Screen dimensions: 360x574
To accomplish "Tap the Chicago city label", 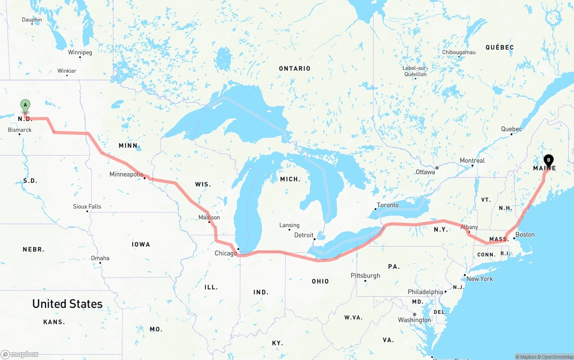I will point(226,253).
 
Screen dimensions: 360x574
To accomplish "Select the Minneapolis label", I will point(126,174).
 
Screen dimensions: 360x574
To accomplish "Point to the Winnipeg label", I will point(80,52).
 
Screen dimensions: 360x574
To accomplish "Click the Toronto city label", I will point(387,205).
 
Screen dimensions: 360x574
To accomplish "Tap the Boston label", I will point(525,234).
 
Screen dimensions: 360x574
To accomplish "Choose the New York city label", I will point(479,279).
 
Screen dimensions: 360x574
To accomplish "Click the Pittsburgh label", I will point(365,276).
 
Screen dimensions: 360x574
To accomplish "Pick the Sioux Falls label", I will point(87,207).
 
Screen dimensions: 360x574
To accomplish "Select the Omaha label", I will point(100,258).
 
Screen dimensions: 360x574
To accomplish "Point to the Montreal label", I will point(472,160).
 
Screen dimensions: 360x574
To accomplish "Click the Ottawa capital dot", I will point(437,168).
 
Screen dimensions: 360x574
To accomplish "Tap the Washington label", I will point(414,320).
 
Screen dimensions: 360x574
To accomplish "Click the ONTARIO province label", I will point(295,69).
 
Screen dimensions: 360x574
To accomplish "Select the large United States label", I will point(67,304).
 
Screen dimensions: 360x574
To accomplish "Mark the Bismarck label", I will point(20,130).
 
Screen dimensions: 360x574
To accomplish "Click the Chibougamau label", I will point(459,52).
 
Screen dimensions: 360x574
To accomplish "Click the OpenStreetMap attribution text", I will point(556,357).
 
